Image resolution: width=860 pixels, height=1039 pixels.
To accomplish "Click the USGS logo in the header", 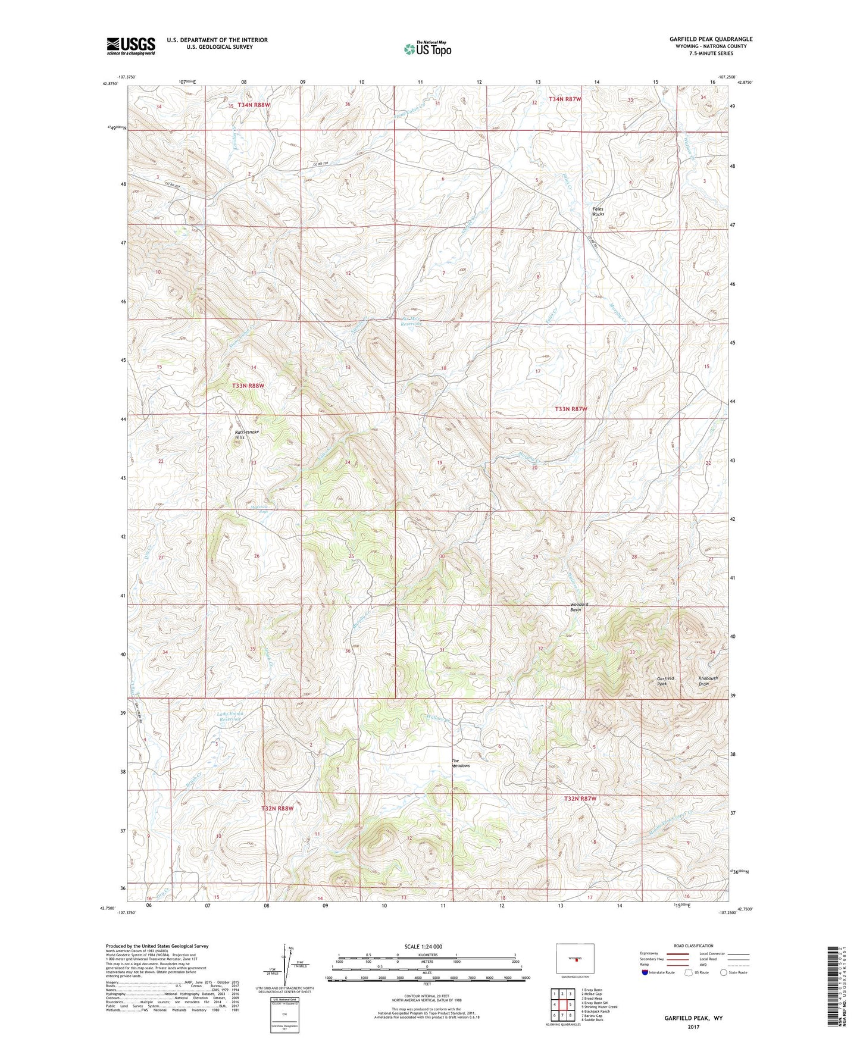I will (131, 46).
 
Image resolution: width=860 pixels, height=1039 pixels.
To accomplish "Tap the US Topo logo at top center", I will (427, 48).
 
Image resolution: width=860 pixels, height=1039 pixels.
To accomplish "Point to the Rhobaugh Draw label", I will (708, 681).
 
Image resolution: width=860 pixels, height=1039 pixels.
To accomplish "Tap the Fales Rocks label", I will (598, 211).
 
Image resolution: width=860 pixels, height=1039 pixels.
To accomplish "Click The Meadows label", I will (461, 763).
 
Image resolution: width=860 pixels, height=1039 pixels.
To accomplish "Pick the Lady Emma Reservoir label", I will (232, 717).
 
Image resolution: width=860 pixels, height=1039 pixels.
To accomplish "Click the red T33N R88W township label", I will (248, 386).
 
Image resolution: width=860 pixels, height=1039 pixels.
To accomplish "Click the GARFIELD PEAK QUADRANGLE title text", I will (711, 39).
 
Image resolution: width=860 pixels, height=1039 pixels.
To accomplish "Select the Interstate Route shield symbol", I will (646, 972).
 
